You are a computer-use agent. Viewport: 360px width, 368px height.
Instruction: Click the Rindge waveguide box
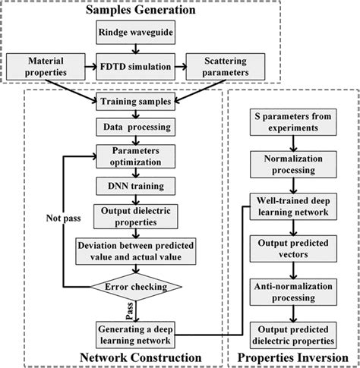(135, 33)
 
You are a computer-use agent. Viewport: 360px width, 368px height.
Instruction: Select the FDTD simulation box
(135, 67)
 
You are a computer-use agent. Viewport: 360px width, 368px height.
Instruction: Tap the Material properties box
(46, 67)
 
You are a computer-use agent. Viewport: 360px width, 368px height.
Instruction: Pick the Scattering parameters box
(226, 67)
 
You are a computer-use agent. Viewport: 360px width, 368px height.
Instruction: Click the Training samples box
(135, 102)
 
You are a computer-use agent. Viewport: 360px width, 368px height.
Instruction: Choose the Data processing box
(135, 127)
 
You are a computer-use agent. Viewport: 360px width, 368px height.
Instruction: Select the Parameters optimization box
(135, 156)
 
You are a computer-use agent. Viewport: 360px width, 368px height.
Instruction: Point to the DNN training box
(135, 186)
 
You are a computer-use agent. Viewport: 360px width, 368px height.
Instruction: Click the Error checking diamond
(136, 287)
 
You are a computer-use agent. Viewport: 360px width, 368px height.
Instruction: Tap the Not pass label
(63, 219)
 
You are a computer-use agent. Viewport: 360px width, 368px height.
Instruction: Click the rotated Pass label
(130, 311)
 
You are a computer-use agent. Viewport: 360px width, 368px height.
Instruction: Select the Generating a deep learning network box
(135, 335)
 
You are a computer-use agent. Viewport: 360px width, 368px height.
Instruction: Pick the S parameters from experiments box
(293, 122)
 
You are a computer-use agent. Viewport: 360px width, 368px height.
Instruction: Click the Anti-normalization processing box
(293, 292)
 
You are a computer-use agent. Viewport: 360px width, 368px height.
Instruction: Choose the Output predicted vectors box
(293, 249)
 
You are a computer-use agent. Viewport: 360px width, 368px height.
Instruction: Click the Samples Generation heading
(141, 10)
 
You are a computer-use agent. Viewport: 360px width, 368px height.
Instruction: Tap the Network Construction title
(141, 357)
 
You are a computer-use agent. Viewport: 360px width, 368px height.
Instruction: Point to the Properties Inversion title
(293, 358)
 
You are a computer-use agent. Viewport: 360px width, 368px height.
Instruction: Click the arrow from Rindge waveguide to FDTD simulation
(136, 49)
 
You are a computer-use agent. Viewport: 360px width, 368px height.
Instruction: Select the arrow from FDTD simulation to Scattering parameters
(181, 67)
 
